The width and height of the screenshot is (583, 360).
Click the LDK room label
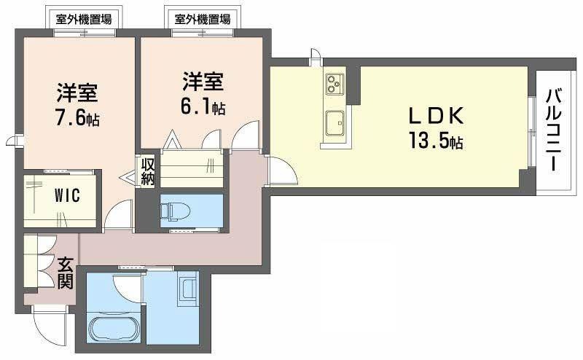[436, 115]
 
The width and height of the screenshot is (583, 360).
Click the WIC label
[67, 195]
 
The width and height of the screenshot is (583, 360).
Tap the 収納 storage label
[148, 171]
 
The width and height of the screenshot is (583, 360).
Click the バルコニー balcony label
[554, 130]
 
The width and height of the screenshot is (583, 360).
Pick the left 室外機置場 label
[84, 19]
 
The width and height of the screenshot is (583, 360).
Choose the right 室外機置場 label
[203, 19]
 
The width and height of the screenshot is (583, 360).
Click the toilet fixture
[175, 211]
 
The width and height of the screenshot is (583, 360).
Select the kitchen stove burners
[334, 84]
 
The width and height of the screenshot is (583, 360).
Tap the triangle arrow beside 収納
[128, 178]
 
